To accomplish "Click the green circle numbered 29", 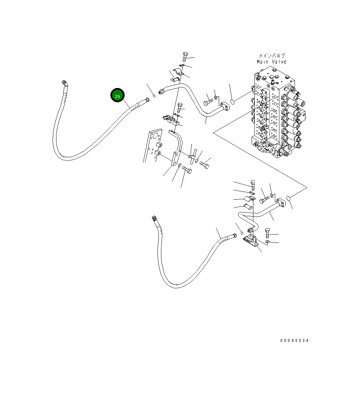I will coord(117,96).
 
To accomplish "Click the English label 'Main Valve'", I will coord(271,62).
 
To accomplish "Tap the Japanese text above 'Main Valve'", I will coord(272,55).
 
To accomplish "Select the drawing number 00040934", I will coord(294,341).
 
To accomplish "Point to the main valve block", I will coord(275,114).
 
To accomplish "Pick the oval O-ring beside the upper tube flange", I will coord(233,102).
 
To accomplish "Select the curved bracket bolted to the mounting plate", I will coord(177,146).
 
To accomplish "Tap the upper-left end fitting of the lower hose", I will coord(154,218).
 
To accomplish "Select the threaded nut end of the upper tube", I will coord(161,92).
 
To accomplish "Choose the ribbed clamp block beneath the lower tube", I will coord(250,240).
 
